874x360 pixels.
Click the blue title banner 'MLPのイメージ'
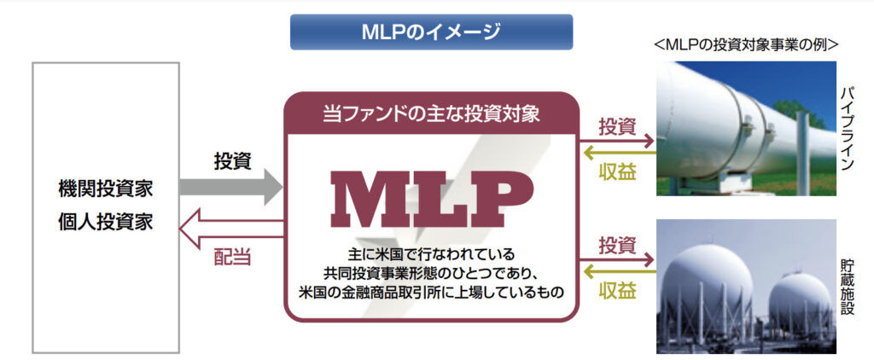(x=430, y=32)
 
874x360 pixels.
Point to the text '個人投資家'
(x=107, y=222)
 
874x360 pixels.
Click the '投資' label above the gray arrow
(x=232, y=160)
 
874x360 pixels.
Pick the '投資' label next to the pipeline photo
(x=617, y=127)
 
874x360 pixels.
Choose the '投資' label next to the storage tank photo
(x=617, y=246)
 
